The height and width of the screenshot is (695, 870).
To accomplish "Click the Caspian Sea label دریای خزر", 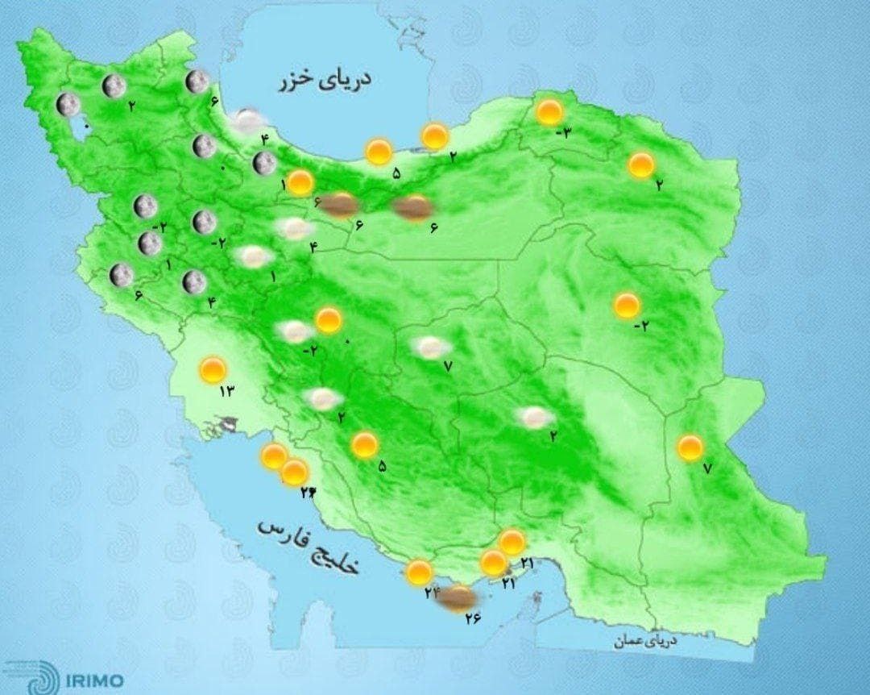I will pyautogui.click(x=325, y=81).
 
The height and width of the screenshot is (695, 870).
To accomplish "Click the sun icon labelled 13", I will pyautogui.click(x=213, y=371).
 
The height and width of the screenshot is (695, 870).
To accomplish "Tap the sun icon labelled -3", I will pyautogui.click(x=549, y=112).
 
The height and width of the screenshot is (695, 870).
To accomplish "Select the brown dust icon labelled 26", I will pyautogui.click(x=459, y=597).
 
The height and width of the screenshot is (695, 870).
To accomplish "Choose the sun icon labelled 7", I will pyautogui.click(x=690, y=447).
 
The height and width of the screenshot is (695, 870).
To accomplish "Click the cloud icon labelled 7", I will pyautogui.click(x=432, y=347).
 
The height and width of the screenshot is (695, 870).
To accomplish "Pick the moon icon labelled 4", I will pyautogui.click(x=193, y=282).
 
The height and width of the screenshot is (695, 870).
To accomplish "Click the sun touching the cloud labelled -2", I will pyautogui.click(x=328, y=320).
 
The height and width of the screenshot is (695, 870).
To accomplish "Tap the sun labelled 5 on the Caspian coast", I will pyautogui.click(x=378, y=152).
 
